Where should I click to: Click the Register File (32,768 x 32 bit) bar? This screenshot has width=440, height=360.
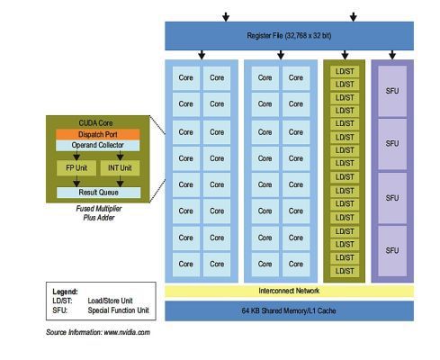(x=289, y=35)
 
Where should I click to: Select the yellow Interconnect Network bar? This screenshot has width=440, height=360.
(x=289, y=291)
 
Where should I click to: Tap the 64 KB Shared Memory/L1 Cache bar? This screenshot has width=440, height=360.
(x=289, y=310)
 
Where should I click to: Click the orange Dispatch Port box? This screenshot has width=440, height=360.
(x=97, y=134)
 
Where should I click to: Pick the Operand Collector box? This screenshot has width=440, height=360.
(x=97, y=146)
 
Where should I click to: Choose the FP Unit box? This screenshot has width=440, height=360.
(x=77, y=166)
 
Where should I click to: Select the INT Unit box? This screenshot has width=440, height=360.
(x=119, y=166)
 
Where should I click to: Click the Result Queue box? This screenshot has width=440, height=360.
(x=97, y=192)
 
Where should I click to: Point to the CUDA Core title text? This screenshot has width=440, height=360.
(x=97, y=122)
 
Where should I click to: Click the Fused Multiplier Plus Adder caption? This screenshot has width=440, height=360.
(x=97, y=213)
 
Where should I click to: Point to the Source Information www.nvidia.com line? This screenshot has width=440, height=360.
(x=97, y=332)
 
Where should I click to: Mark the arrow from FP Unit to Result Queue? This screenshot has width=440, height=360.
(x=77, y=180)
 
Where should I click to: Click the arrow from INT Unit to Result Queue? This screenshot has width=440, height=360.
(x=119, y=180)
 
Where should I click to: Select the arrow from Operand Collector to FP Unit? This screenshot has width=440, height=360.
(x=77, y=155)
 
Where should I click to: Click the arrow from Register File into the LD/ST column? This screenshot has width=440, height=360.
(x=343, y=55)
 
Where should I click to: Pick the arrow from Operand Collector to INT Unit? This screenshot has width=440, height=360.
(x=119, y=155)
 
